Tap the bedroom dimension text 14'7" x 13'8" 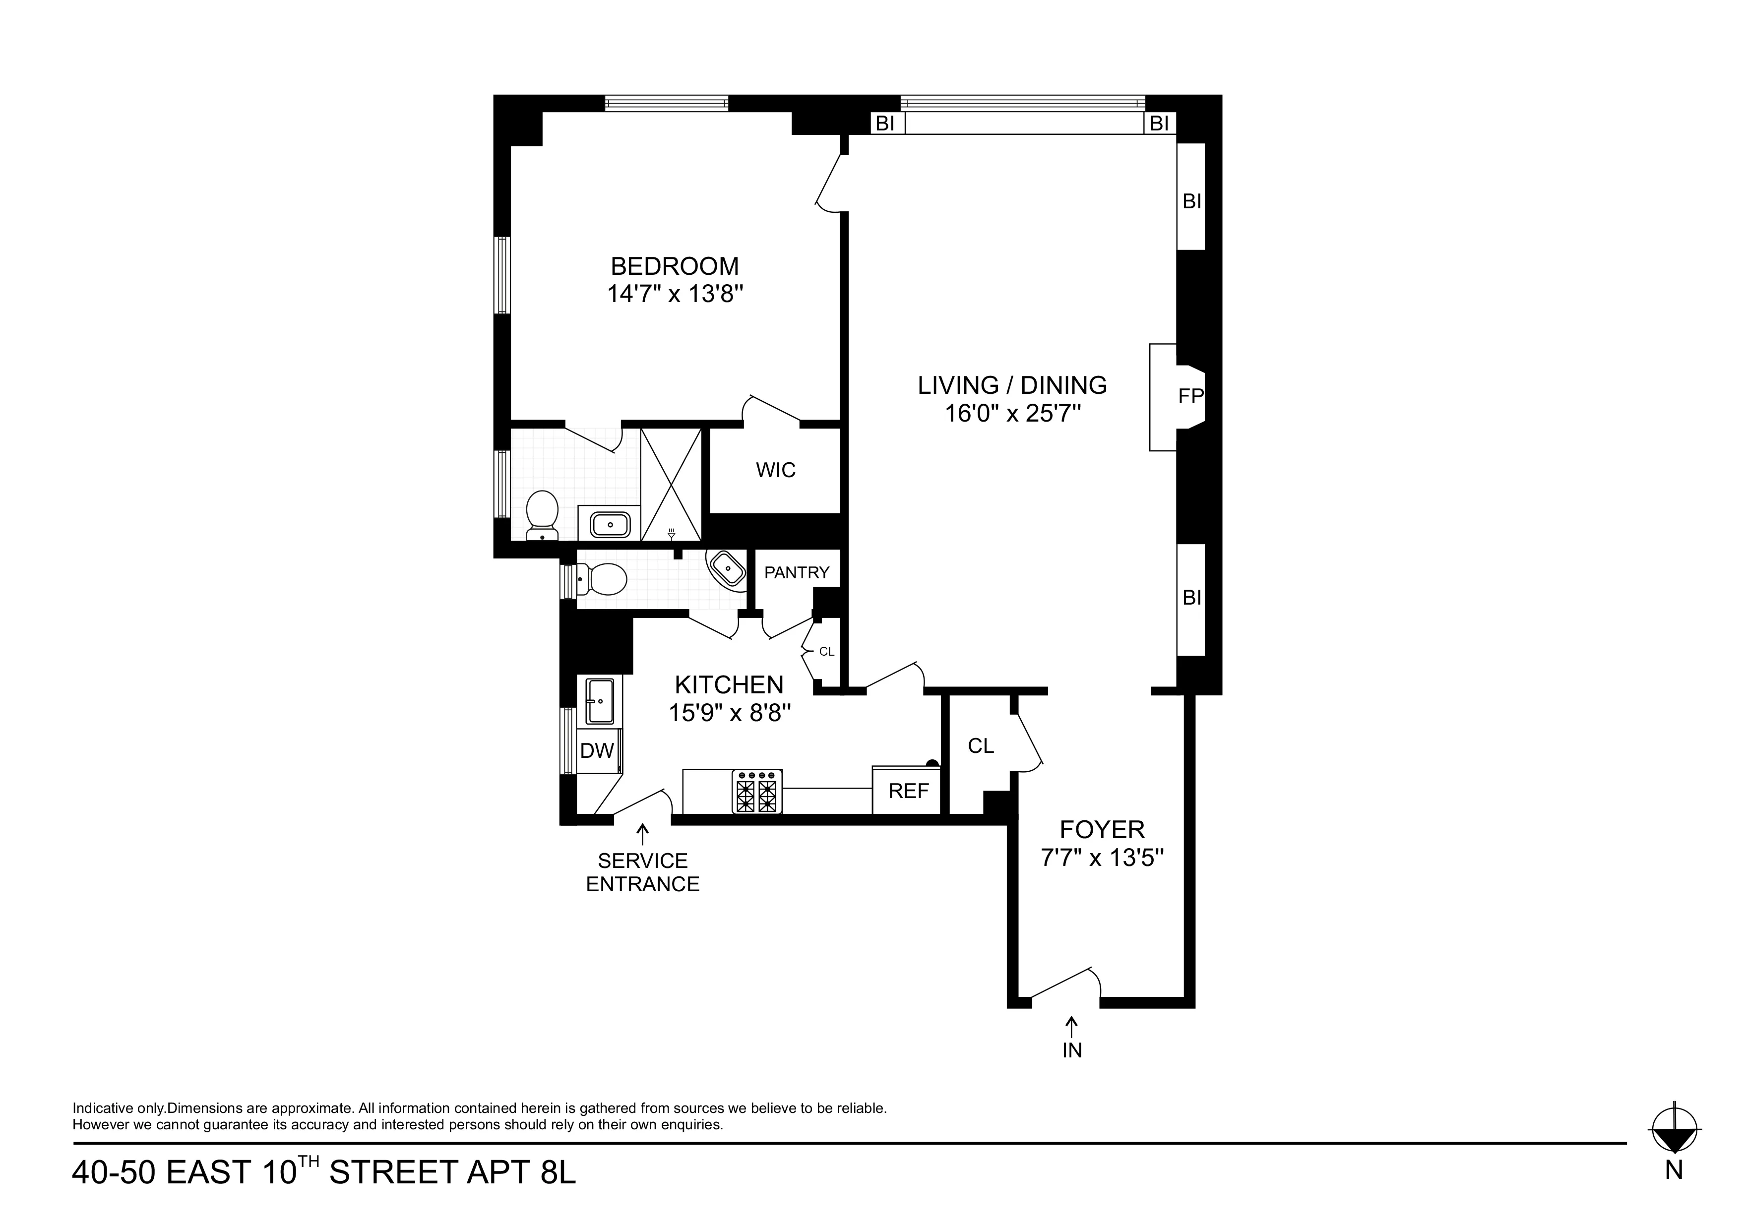click(x=675, y=294)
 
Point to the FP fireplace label click(x=1190, y=396)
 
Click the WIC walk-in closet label click(x=775, y=470)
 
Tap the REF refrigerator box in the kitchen click(x=908, y=791)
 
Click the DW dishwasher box click(x=596, y=751)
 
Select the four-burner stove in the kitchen click(x=756, y=791)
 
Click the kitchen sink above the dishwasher click(x=600, y=701)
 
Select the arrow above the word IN click(x=1071, y=1026)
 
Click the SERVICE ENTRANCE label click(x=643, y=872)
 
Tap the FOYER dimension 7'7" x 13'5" click(x=1102, y=858)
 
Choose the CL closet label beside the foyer click(x=981, y=746)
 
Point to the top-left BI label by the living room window click(x=884, y=123)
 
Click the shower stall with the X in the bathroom click(x=671, y=484)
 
